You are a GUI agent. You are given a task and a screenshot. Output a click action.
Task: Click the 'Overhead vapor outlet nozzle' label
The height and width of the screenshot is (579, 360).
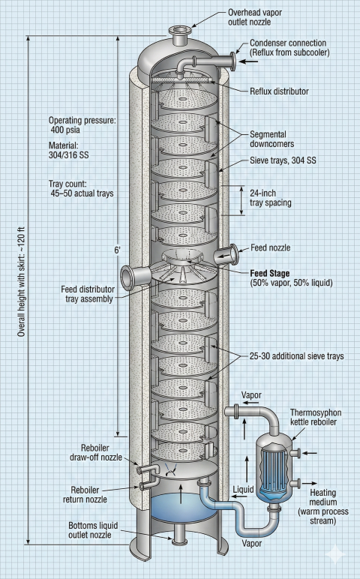268,17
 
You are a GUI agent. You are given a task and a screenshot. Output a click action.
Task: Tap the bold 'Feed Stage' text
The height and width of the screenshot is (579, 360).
273,273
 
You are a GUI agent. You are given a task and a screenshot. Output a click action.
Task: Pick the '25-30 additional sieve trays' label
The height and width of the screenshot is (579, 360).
298,356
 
